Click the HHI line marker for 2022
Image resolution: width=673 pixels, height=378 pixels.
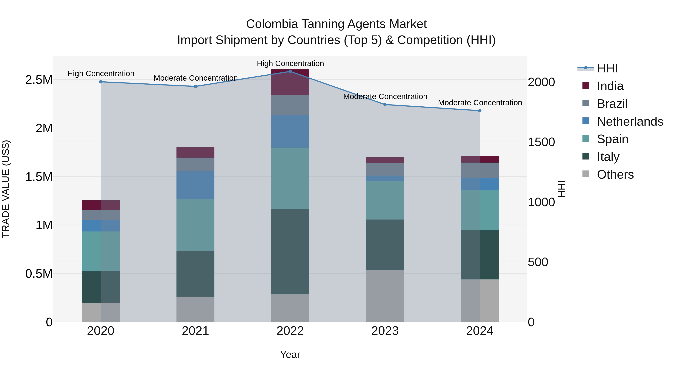pyautogui.click(x=290, y=71)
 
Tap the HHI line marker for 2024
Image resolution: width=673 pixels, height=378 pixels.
pyautogui.click(x=480, y=111)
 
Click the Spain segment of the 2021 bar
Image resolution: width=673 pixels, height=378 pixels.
pyautogui.click(x=195, y=225)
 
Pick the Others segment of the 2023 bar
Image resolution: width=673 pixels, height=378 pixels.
pyautogui.click(x=385, y=296)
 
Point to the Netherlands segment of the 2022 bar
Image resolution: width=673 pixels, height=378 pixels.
pyautogui.click(x=290, y=131)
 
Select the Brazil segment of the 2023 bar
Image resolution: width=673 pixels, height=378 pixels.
pyautogui.click(x=385, y=169)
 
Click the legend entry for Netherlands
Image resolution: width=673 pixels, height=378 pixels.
pyautogui.click(x=630, y=121)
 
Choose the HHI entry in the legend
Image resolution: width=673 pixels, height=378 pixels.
pyautogui.click(x=607, y=68)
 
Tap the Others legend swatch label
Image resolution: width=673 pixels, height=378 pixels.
pyautogui.click(x=615, y=175)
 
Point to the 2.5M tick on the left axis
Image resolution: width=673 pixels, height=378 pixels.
pyautogui.click(x=39, y=80)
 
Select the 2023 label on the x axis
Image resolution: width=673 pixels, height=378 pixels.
pyautogui.click(x=385, y=331)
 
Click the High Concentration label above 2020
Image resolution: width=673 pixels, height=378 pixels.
pyautogui.click(x=101, y=74)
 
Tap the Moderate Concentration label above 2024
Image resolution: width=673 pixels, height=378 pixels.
pyautogui.click(x=480, y=103)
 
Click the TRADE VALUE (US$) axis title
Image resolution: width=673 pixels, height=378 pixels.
pyautogui.click(x=6, y=189)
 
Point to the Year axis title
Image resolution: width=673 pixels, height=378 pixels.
pyautogui.click(x=290, y=354)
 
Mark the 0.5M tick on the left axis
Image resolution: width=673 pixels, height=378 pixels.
pyautogui.click(x=39, y=274)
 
